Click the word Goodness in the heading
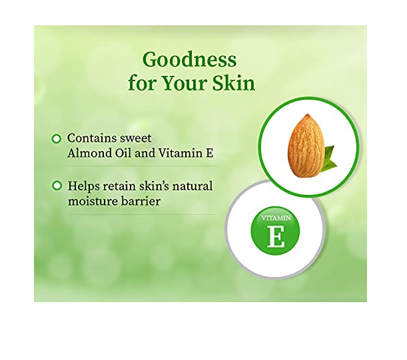[x=189, y=60]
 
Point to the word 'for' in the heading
[x=143, y=83]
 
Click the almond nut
[x=306, y=146]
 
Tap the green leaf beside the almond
[x=328, y=159]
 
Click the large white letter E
[x=276, y=236]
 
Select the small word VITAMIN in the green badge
[x=276, y=218]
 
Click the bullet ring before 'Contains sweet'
[x=57, y=139]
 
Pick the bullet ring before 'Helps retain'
[x=57, y=186]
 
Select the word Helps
[x=83, y=186]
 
